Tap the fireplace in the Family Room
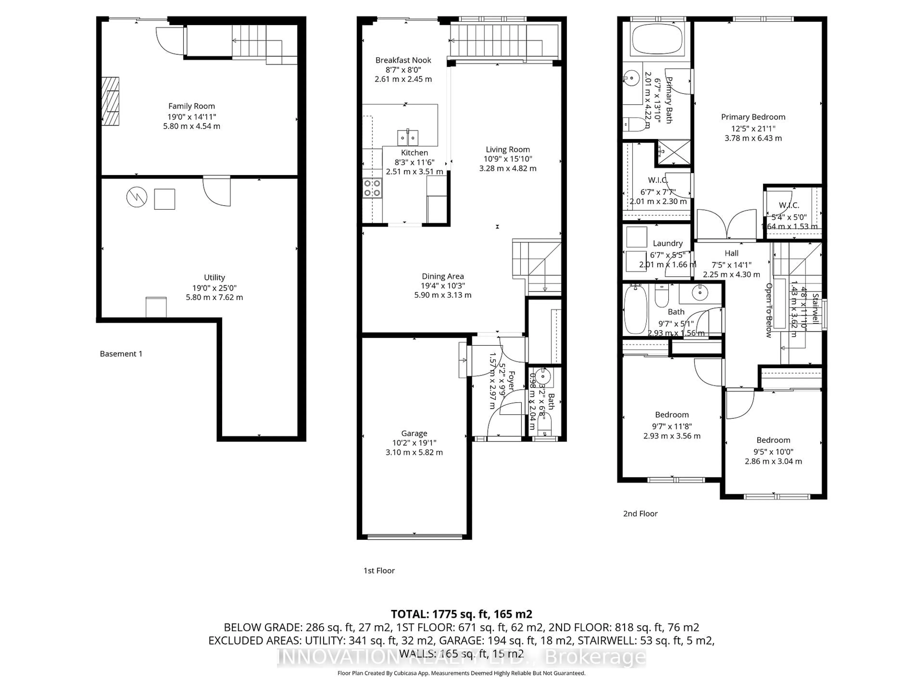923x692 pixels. [x=110, y=101]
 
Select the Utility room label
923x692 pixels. [x=214, y=277]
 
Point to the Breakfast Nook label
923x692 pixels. [x=403, y=60]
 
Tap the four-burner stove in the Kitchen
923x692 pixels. [x=372, y=188]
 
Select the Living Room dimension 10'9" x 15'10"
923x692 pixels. [x=508, y=159]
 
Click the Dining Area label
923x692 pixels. [x=443, y=276]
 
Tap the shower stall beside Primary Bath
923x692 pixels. [x=674, y=153]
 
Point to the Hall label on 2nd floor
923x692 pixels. [x=731, y=253]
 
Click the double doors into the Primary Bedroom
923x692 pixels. [x=726, y=225]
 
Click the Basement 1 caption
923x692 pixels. [x=121, y=354]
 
